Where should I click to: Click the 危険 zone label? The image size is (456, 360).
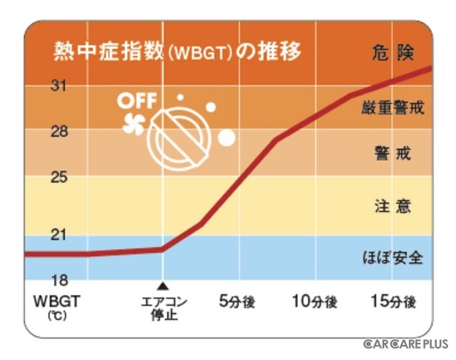pyautogui.click(x=393, y=53)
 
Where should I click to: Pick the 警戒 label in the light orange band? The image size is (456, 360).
pyautogui.click(x=393, y=153)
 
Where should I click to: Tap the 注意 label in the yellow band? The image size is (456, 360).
pyautogui.click(x=393, y=207)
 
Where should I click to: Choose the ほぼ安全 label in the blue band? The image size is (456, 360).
pyautogui.click(x=393, y=257)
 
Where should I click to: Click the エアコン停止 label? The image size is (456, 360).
pyautogui.click(x=163, y=308)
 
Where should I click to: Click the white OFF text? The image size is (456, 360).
pyautogui.click(x=135, y=101)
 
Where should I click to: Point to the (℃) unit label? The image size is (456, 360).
pyautogui.click(x=57, y=315)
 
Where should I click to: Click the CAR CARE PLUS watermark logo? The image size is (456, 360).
pyautogui.click(x=405, y=344)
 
